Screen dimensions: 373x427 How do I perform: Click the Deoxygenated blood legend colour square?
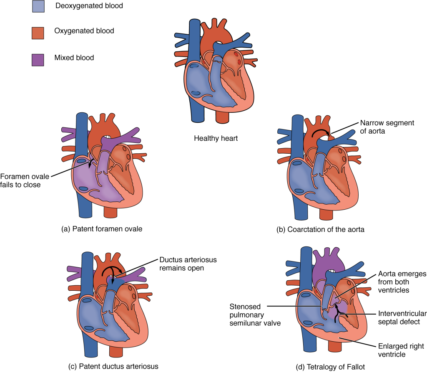38,7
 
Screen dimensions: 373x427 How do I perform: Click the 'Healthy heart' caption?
216,138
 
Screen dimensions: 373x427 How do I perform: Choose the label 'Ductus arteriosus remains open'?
188,264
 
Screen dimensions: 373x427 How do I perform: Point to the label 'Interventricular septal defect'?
402,317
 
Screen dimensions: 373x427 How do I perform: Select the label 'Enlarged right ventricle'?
401,350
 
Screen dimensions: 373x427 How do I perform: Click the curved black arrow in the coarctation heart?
320,133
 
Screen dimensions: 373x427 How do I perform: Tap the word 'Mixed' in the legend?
64,58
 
